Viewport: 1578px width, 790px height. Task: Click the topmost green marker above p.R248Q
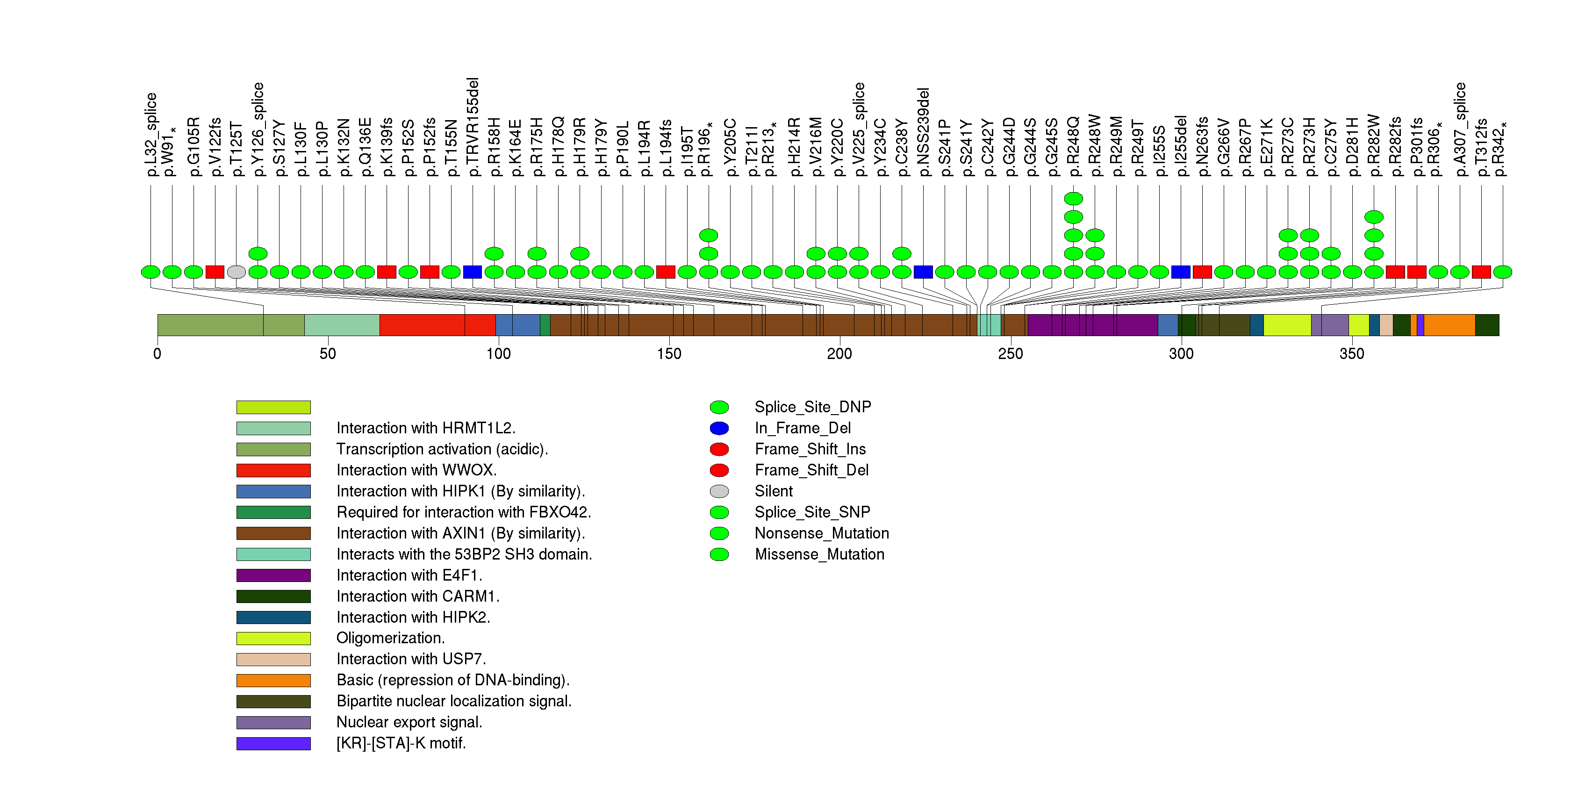pos(1073,198)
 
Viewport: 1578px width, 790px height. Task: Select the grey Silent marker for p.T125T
pos(237,272)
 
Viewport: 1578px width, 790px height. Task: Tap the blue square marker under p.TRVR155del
pos(472,272)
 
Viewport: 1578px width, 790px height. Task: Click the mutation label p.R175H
pos(537,147)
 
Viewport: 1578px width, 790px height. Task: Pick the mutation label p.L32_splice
pos(151,135)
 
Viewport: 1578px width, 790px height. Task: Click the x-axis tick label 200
pos(839,354)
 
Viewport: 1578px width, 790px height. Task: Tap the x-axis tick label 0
pos(158,354)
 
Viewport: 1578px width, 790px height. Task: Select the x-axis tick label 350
pos(1351,354)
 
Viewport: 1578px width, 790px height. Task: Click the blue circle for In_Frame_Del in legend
pos(719,428)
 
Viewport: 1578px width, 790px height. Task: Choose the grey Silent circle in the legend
pos(719,491)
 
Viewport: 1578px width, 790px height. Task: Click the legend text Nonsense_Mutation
pos(821,533)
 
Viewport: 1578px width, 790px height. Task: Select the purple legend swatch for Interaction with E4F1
pos(273,575)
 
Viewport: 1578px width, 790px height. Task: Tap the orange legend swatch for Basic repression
pos(273,680)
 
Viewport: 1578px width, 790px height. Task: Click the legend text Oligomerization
pos(390,638)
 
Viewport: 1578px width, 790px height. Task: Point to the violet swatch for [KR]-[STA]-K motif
pos(273,743)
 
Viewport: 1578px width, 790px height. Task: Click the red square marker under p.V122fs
pos(215,272)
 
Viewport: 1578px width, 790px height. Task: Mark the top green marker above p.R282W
pos(1374,217)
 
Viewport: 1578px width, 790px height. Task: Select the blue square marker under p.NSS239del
pos(923,272)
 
